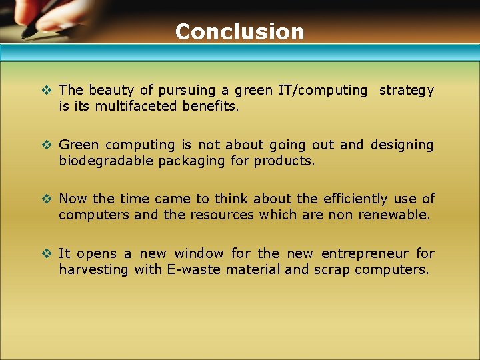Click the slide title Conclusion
[239, 31]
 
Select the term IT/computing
[327, 90]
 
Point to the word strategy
[407, 90]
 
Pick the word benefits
[210, 106]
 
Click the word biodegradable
[106, 161]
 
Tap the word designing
[402, 145]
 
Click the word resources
[221, 215]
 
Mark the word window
[199, 253]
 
